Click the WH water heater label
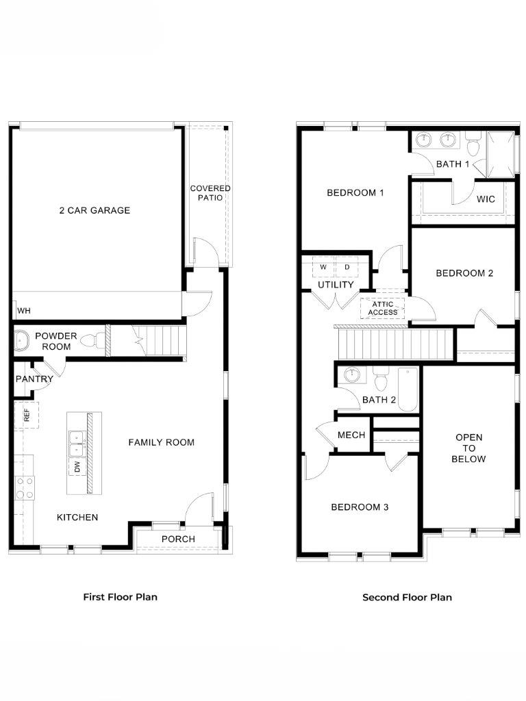click(x=24, y=311)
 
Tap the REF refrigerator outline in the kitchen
click(x=27, y=416)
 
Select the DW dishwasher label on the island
click(x=77, y=467)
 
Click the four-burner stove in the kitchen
click(x=25, y=487)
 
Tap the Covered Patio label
click(x=210, y=192)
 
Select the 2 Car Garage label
click(x=95, y=210)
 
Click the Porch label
click(x=178, y=539)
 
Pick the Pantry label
click(x=34, y=379)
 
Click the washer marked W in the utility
click(x=323, y=268)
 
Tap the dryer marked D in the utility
click(x=347, y=268)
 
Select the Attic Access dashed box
click(x=382, y=309)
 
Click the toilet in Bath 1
click(x=473, y=144)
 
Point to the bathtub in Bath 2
click(x=408, y=389)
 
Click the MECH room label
click(x=351, y=435)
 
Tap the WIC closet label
click(x=486, y=199)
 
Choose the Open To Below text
click(x=468, y=448)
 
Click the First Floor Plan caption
click(x=121, y=597)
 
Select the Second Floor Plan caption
click(x=407, y=597)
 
